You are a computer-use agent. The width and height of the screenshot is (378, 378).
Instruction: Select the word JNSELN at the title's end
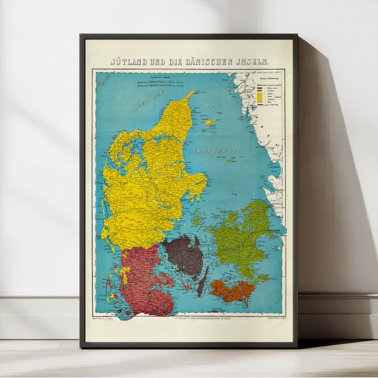tap(252, 62)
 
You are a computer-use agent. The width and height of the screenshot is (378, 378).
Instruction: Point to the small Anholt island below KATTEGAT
tap(232, 160)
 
